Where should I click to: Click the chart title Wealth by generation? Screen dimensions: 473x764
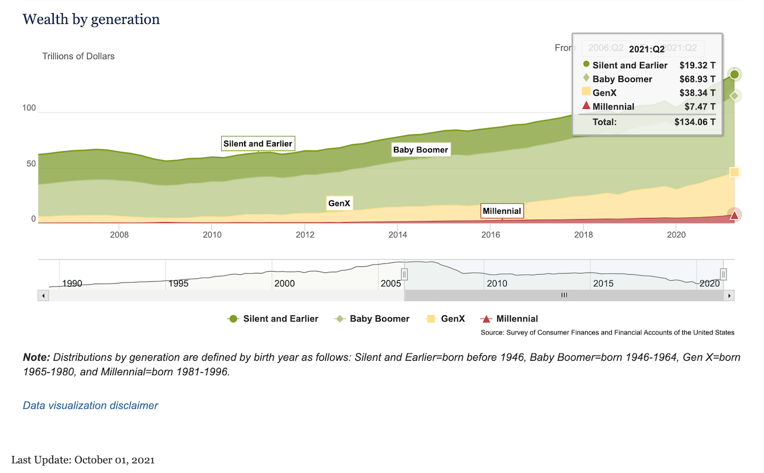(x=91, y=19)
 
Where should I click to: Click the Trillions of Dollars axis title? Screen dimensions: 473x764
(x=78, y=56)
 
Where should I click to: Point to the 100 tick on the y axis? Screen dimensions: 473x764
(x=29, y=108)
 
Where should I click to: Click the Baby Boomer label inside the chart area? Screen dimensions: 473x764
(x=420, y=150)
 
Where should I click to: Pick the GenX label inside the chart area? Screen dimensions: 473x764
(x=340, y=204)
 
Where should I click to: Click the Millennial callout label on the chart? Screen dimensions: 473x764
(x=502, y=211)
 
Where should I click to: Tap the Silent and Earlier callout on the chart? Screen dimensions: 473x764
(x=258, y=144)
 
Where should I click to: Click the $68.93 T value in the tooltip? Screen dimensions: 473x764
(x=697, y=79)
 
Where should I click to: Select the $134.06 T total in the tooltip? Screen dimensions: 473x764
(x=695, y=122)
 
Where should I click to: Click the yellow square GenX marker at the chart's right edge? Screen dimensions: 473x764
(x=734, y=173)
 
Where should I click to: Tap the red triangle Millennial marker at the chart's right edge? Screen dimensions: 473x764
(x=734, y=216)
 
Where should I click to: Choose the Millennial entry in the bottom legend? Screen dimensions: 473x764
(x=516, y=319)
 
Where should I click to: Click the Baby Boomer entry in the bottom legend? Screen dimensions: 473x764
(x=379, y=319)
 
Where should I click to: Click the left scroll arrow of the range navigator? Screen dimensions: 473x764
(x=43, y=295)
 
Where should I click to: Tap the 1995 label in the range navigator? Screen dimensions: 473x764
(x=178, y=284)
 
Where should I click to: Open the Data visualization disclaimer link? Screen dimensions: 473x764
(x=90, y=406)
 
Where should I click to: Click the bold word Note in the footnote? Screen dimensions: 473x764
(x=36, y=358)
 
